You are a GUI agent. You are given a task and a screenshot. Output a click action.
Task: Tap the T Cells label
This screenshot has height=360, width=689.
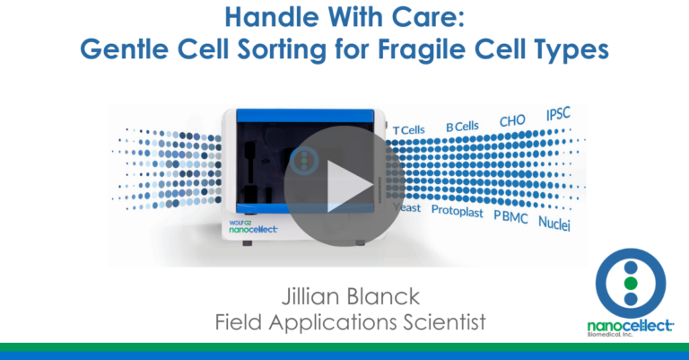point(409,130)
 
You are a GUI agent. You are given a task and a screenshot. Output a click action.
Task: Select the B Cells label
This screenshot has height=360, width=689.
point(462,127)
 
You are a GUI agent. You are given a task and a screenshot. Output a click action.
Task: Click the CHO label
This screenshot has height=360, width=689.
point(512,121)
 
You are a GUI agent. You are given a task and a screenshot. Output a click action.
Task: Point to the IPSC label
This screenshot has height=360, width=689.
point(559,115)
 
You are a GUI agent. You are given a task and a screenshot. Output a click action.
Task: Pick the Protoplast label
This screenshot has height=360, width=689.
point(458,213)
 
